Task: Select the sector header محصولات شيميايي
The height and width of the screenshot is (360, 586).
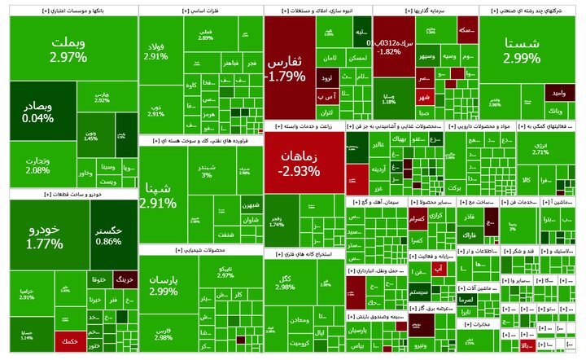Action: coord(200,249)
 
